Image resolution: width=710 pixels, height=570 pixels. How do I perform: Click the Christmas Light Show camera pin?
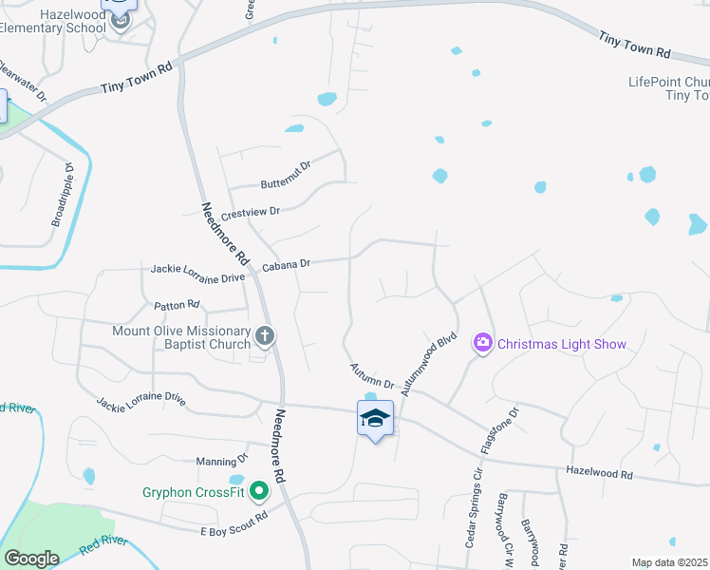coord(483,343)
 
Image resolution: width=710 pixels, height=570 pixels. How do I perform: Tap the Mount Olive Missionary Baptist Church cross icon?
coord(266,334)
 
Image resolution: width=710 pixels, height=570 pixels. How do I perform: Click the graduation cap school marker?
coord(375,417)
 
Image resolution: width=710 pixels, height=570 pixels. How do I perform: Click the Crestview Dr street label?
coord(251,212)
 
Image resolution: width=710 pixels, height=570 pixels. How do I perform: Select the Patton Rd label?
coord(177,305)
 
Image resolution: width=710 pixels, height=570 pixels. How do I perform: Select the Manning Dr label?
coord(221,462)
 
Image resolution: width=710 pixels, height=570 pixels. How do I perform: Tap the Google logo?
coord(31,559)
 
